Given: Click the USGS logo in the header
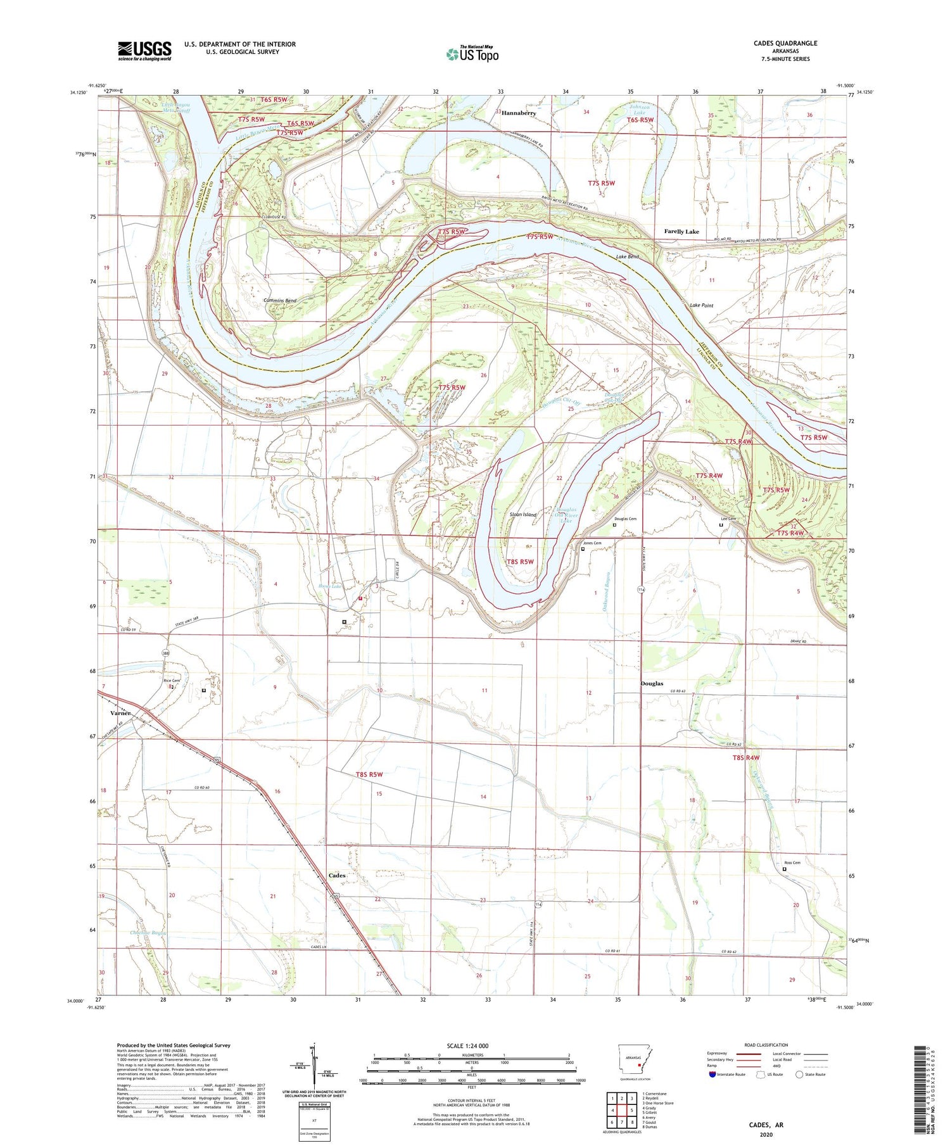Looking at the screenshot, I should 144,51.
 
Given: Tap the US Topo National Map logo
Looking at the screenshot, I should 472,54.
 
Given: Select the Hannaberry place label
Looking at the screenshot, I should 519,113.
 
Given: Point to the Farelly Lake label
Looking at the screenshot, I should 681,232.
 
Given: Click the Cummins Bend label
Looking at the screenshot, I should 280,300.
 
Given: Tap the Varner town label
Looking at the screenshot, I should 120,713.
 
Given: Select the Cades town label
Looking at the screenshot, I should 337,875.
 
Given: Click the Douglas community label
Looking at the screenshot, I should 652,684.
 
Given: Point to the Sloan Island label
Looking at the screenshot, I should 524,515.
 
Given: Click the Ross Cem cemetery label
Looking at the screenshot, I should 792,863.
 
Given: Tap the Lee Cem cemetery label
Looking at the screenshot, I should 728,519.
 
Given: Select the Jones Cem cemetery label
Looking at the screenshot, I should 592,543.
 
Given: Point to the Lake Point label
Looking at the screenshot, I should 702,305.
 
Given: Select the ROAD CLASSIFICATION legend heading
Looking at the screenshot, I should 766,1045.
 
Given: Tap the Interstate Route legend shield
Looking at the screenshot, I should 712,1075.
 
